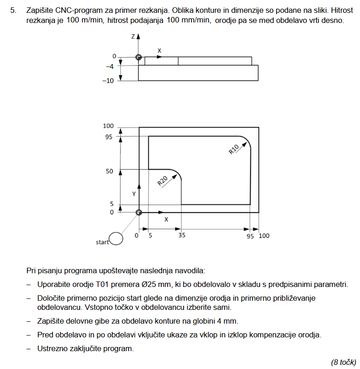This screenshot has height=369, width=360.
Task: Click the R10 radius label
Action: tap(234, 149)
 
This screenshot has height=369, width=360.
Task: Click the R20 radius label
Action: tap(163, 180)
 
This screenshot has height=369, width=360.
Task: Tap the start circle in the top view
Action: tap(116, 239)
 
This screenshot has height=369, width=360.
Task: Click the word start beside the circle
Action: tap(102, 242)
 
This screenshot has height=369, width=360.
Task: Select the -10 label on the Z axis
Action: tap(108, 81)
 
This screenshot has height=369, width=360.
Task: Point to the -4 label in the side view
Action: tap(110, 66)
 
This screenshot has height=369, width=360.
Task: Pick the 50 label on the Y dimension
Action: tap(109, 171)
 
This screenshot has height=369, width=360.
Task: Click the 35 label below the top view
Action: tap(182, 236)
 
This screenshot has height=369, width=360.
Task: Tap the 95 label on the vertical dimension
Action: tap(109, 137)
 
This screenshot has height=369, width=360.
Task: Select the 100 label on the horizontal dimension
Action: tap(264, 236)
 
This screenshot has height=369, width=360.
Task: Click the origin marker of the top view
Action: tap(139, 212)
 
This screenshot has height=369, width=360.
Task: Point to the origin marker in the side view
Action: tap(138, 57)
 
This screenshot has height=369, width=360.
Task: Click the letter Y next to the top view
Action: tap(134, 194)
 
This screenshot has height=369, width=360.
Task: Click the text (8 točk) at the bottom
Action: tap(344, 362)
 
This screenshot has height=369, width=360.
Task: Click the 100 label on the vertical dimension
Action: tap(108, 126)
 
